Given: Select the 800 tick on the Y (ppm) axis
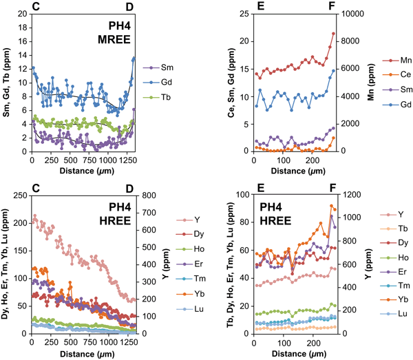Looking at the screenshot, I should coord(151,195).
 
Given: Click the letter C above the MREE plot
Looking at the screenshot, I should coord(34,6).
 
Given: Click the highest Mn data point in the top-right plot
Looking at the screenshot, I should coord(334,33).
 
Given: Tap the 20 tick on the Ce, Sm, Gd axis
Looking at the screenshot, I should coord(244,41).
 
